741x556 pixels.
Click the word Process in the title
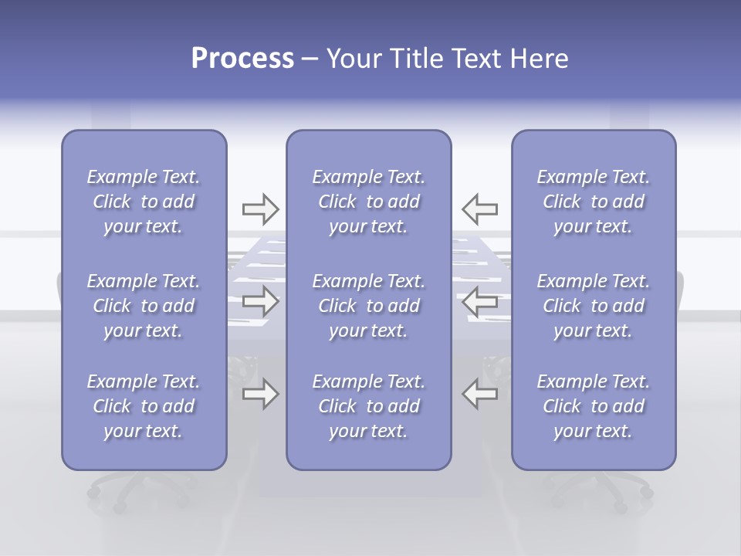pos(242,59)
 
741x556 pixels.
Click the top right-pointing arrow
pos(260,208)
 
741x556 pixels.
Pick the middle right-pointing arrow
pos(260,300)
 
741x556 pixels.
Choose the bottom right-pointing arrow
pos(260,394)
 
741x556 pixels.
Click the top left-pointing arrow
pos(479,208)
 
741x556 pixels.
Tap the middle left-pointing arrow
pos(479,300)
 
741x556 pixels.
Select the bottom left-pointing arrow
pos(479,394)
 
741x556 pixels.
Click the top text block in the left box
pos(144,202)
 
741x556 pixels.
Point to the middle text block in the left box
pos(144,306)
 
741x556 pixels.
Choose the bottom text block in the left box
pos(144,406)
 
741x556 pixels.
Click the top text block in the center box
pos(369,202)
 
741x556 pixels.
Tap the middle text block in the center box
pos(369,306)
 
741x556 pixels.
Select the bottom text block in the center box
pos(369,406)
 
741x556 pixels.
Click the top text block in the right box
pos(594,202)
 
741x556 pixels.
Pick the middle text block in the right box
pos(594,306)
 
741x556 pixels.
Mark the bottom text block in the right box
pos(594,406)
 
